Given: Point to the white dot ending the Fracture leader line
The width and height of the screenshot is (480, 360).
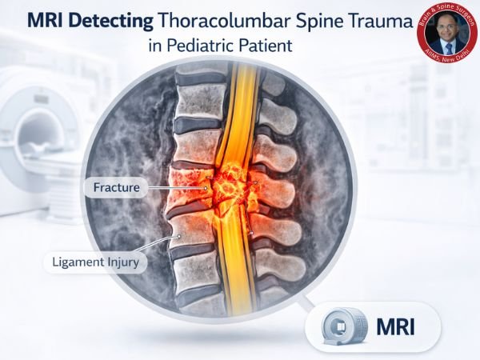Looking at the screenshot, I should (206, 189).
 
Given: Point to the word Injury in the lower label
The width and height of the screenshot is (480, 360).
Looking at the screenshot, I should (124, 260).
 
